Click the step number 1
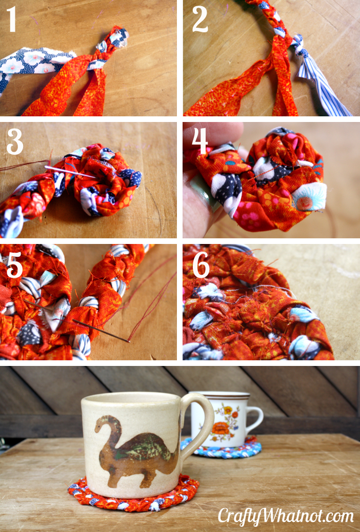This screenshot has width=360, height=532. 11,19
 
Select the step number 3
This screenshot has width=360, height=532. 15,142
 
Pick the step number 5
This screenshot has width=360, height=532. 14,265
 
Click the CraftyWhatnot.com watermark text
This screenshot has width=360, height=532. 286,517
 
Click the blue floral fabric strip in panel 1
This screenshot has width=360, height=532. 34,65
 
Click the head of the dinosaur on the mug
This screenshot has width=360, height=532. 101,423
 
